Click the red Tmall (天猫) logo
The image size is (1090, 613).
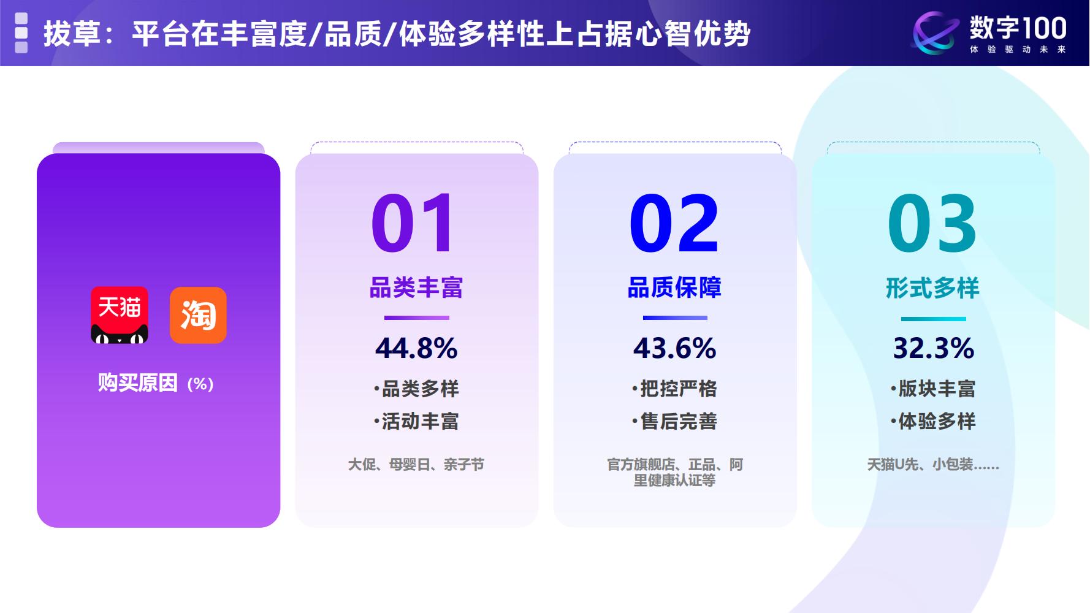click(120, 315)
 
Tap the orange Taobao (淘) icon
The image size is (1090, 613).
click(198, 315)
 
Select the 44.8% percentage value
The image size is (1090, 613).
click(416, 348)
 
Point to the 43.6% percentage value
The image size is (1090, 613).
click(674, 348)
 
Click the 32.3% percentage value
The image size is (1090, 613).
click(933, 348)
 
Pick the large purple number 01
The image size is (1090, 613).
click(413, 223)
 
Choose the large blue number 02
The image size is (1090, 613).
click(674, 223)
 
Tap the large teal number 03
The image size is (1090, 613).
click(932, 223)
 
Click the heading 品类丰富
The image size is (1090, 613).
click(416, 287)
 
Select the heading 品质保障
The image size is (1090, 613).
click(674, 287)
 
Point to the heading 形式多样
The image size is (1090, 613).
click(932, 288)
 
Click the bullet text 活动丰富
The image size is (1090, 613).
click(420, 421)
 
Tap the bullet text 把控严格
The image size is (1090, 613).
click(678, 389)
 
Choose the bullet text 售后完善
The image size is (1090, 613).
click(678, 421)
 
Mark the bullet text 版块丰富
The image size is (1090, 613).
click(936, 389)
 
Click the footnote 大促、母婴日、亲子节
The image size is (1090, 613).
click(416, 465)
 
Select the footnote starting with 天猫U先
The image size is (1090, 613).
click(932, 465)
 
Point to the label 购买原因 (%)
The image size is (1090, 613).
click(156, 383)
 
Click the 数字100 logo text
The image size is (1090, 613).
click(1018, 28)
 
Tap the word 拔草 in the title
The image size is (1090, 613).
click(72, 34)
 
